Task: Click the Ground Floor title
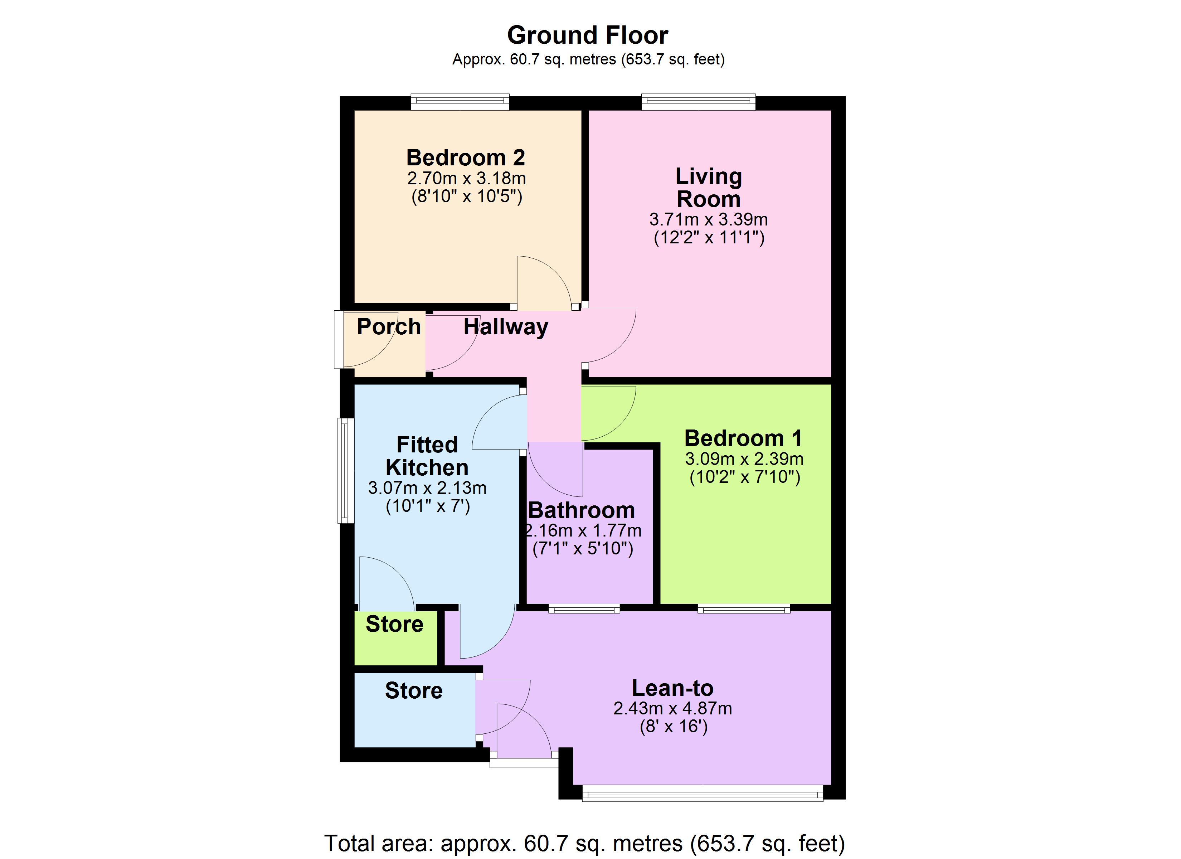[x=587, y=35]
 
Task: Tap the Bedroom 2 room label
[x=466, y=157]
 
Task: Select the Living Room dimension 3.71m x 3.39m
[x=708, y=219]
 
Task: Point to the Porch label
[x=388, y=327]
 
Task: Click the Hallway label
[x=506, y=327]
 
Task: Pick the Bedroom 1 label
[x=743, y=438]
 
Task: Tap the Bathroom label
[x=582, y=510]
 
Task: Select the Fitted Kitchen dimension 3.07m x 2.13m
[x=427, y=488]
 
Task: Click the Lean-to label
[x=672, y=688]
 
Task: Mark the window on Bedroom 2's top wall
[x=460, y=102]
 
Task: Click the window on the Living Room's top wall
[x=698, y=102]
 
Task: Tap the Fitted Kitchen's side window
[x=345, y=470]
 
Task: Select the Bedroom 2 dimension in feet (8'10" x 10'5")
[x=467, y=196]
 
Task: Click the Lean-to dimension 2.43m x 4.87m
[x=672, y=708]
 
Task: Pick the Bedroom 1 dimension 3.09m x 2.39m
[x=744, y=459]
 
